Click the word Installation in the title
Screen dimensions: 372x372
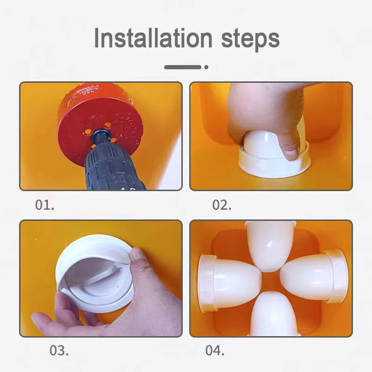tap(153, 38)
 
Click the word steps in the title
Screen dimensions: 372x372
tap(250, 40)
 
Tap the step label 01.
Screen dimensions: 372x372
tap(45, 205)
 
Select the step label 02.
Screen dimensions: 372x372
tap(222, 205)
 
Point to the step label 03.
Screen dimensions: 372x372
tap(59, 350)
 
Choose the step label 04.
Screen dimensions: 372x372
tap(215, 350)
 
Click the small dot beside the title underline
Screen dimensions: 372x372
tap(206, 67)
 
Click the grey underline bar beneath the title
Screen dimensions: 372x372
tap(183, 67)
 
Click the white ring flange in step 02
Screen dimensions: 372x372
tap(274, 164)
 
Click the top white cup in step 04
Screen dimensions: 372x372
tap(270, 246)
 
